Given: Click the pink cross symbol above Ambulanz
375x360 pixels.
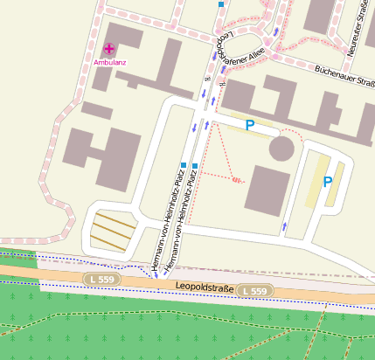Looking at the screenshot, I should point(109,51).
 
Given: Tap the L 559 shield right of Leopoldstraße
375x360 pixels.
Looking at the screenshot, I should point(255,290).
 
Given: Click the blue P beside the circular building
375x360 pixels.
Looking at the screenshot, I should point(249,126).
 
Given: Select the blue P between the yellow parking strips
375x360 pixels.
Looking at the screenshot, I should point(328,182).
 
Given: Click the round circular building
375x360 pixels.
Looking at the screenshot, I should point(281,148).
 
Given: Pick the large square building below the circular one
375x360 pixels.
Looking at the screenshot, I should point(267,190).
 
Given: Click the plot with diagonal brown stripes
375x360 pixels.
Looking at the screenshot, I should point(114,232).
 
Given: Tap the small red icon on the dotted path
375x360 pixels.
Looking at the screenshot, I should point(236,179).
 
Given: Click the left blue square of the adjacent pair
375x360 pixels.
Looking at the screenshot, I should point(183,164).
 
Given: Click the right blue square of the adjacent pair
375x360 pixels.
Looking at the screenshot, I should point(195,164).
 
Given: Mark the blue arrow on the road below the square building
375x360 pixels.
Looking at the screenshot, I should point(283,227).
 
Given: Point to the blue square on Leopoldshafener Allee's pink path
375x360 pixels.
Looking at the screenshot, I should point(222,4).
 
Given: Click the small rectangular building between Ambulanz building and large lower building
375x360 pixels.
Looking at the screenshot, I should point(96,110).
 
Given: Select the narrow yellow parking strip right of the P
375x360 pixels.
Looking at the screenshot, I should point(335,183).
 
